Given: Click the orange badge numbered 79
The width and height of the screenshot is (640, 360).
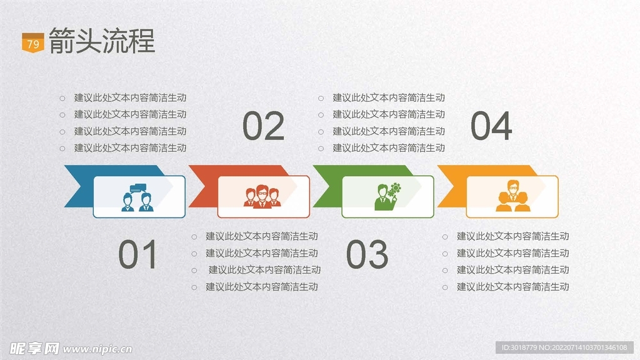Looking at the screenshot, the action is tap(32, 43).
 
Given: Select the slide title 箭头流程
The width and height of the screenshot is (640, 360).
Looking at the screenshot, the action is tap(102, 41).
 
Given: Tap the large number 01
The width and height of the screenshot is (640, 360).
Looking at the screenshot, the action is tap(137, 254).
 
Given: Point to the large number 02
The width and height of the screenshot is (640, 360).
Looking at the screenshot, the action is tap(263, 126).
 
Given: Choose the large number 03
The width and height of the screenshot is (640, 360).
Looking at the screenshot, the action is tap(367, 254).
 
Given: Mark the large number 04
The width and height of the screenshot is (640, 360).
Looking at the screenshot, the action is tap(491, 126).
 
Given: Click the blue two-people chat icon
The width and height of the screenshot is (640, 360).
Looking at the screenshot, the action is tap(137, 198).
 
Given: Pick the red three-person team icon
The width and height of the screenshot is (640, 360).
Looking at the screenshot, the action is tap(262, 197).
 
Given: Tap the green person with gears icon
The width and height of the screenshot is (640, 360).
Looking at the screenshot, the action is tap(387, 197).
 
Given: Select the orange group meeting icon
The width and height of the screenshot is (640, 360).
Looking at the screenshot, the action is tap(513, 196).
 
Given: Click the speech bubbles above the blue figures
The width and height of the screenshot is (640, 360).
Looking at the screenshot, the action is tap(138, 189).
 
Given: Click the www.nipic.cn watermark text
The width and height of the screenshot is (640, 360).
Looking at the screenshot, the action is tap(97, 349).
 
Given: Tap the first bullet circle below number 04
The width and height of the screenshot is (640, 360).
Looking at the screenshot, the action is tap(445, 237).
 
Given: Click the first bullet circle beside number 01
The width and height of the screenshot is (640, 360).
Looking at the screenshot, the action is tap(194, 237).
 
